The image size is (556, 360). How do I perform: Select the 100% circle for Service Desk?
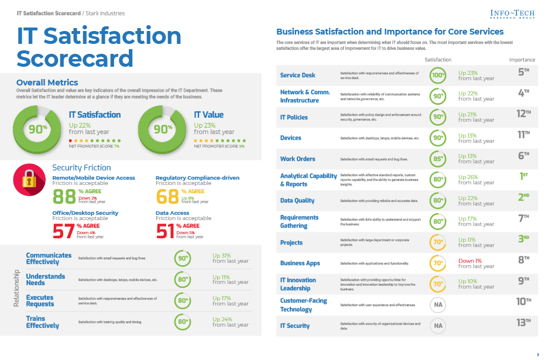(x=438, y=75)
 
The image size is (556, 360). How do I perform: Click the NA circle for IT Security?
(x=438, y=325)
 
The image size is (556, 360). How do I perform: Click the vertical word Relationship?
(x=16, y=289)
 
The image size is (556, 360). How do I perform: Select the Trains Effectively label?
(x=43, y=322)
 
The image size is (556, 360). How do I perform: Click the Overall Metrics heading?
(x=47, y=83)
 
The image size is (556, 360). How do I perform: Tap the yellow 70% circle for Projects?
(x=438, y=242)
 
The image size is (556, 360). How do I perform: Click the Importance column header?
(x=521, y=60)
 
